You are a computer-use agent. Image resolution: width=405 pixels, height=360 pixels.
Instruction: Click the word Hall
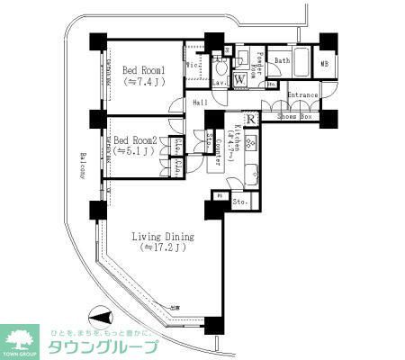(x=200, y=103)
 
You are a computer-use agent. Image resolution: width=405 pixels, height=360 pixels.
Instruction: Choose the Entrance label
(x=303, y=94)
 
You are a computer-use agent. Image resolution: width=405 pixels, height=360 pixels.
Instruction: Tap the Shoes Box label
(x=293, y=117)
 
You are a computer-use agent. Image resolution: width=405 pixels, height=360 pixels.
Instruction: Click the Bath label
(x=282, y=61)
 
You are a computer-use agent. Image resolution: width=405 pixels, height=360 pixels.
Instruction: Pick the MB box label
(x=325, y=65)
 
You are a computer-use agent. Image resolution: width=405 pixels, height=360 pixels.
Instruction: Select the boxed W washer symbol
(x=240, y=79)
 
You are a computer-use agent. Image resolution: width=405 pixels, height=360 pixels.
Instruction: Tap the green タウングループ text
(x=103, y=347)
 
